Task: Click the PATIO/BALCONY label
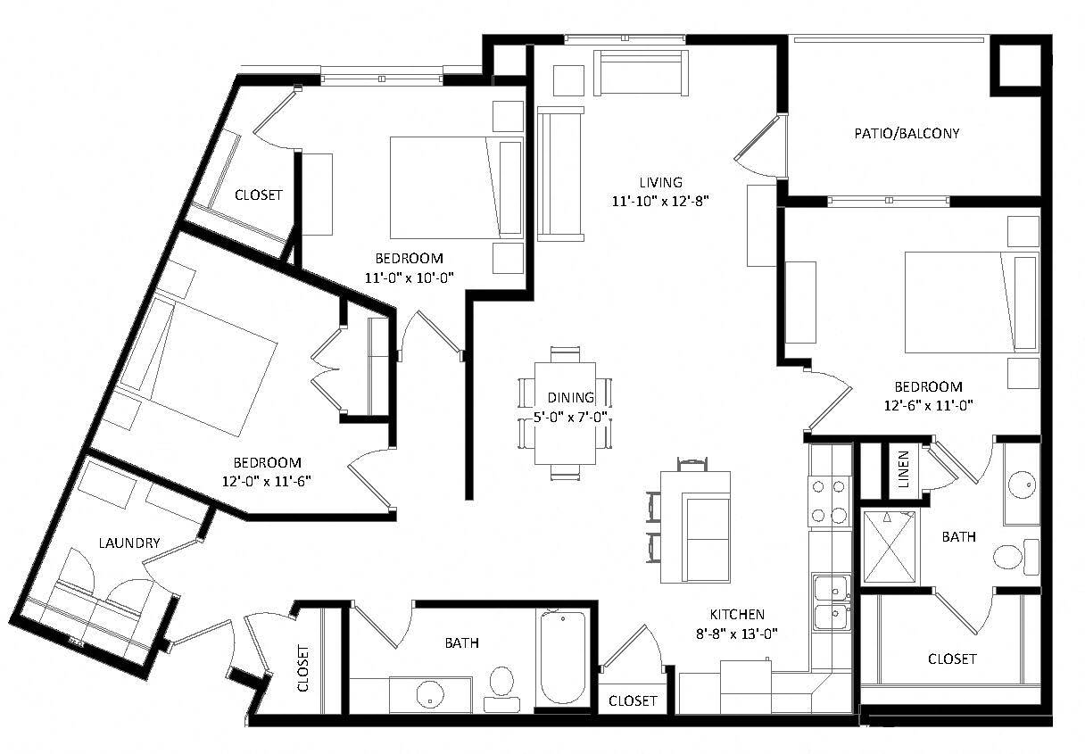907,134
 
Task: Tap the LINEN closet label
903,469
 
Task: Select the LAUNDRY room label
129,543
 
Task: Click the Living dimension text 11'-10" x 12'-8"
660,201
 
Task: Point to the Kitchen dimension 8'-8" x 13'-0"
737,634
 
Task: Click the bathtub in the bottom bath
562,659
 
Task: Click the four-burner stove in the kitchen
827,501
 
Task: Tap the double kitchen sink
830,602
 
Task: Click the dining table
565,412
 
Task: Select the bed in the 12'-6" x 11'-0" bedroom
971,302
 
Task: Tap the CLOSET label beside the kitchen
633,701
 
